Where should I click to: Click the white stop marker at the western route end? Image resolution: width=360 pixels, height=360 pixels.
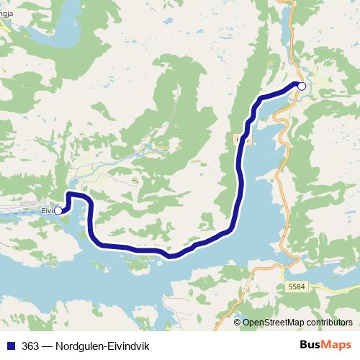(x=58, y=211)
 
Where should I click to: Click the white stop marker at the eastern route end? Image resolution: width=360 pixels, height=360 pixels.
(x=302, y=86)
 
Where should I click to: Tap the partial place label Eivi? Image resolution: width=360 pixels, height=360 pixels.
(x=48, y=211)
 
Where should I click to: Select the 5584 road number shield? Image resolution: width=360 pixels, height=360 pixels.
(x=296, y=286)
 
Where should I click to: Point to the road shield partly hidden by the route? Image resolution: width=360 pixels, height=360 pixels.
(x=239, y=139)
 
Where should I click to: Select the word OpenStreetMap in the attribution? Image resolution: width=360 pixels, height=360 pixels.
(x=276, y=323)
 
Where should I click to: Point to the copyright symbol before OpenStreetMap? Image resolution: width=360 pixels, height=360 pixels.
(x=238, y=323)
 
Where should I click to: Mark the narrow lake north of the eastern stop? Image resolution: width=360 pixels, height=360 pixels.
(x=289, y=29)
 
